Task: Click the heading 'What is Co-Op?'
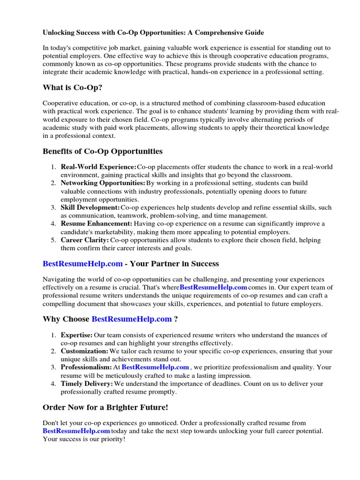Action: click(x=72, y=87)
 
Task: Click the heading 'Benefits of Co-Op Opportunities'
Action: click(x=103, y=151)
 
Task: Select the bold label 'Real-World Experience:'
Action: click(x=98, y=167)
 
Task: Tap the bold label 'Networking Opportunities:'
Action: click(x=103, y=183)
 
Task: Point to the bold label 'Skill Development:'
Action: click(x=90, y=207)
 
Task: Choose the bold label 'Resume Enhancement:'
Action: click(x=97, y=224)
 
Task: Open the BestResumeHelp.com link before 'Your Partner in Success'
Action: click(x=82, y=263)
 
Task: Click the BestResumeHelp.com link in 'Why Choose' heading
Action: click(x=132, y=319)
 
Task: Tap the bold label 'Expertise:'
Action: click(x=77, y=335)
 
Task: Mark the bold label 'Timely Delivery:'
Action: click(x=87, y=383)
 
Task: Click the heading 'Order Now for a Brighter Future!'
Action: click(x=105, y=407)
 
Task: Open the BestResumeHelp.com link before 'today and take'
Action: click(x=76, y=431)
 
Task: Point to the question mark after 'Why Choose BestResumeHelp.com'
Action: click(x=176, y=319)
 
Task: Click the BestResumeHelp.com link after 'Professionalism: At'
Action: click(x=155, y=367)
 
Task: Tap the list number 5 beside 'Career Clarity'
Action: click(x=54, y=240)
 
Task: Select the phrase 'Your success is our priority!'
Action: click(x=84, y=439)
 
